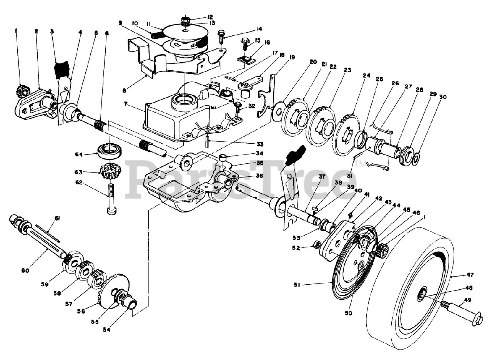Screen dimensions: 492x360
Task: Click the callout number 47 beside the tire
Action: (x=470, y=275)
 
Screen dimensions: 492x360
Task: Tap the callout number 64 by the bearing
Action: (x=79, y=155)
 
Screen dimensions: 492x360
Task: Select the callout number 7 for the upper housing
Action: (x=126, y=104)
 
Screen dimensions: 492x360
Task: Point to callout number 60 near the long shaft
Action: (x=25, y=270)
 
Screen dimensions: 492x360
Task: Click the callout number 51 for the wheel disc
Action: (x=298, y=285)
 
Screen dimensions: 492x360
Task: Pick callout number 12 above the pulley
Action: (x=210, y=17)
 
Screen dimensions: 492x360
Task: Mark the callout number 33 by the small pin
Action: (x=260, y=144)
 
